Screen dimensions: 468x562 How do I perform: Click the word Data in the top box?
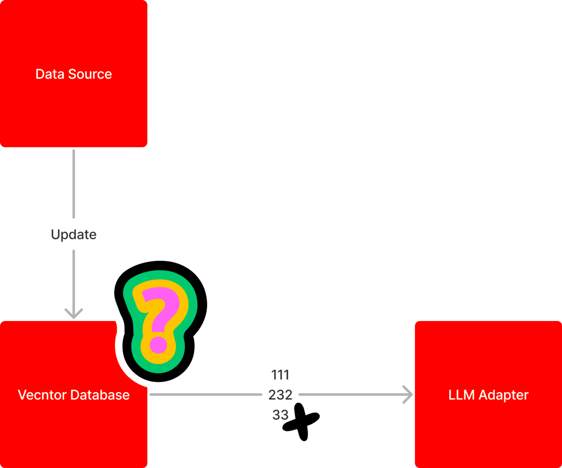(50, 74)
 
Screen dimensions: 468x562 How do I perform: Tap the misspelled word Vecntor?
(42, 395)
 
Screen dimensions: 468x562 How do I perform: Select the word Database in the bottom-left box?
(100, 395)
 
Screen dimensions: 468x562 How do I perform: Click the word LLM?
(461, 395)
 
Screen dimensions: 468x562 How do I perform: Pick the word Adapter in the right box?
(504, 395)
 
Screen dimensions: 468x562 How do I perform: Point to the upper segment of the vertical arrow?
(74, 184)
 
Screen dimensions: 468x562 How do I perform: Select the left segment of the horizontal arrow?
(206, 394)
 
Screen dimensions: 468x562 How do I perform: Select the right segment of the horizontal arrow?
(351, 394)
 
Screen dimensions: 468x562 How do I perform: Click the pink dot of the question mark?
(158, 345)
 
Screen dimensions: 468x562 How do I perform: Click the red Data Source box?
(74, 112)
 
